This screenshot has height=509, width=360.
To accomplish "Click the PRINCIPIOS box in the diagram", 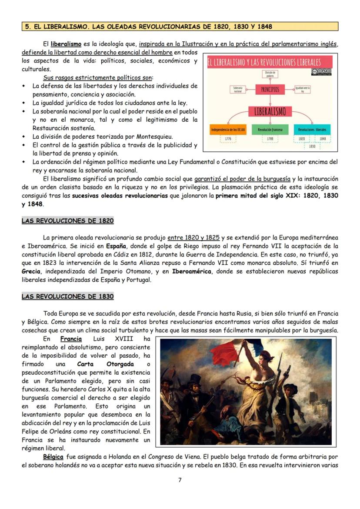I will (270, 90).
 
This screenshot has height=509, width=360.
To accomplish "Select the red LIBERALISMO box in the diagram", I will (270, 112).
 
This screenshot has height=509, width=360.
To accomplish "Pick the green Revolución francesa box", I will (270, 130).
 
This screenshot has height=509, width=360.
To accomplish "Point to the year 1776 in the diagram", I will (227, 139).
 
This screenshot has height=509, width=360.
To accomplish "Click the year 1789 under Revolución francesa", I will (270, 139).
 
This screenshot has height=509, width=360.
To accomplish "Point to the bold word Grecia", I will (31, 271).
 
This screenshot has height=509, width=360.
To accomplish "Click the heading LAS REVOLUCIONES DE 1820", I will (68, 221).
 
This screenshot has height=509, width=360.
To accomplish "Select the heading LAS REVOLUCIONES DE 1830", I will (68, 296).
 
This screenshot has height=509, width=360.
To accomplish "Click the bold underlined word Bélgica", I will (53, 457).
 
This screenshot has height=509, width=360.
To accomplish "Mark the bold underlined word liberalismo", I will (66, 44).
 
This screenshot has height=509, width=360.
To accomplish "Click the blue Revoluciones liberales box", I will (312, 130).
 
